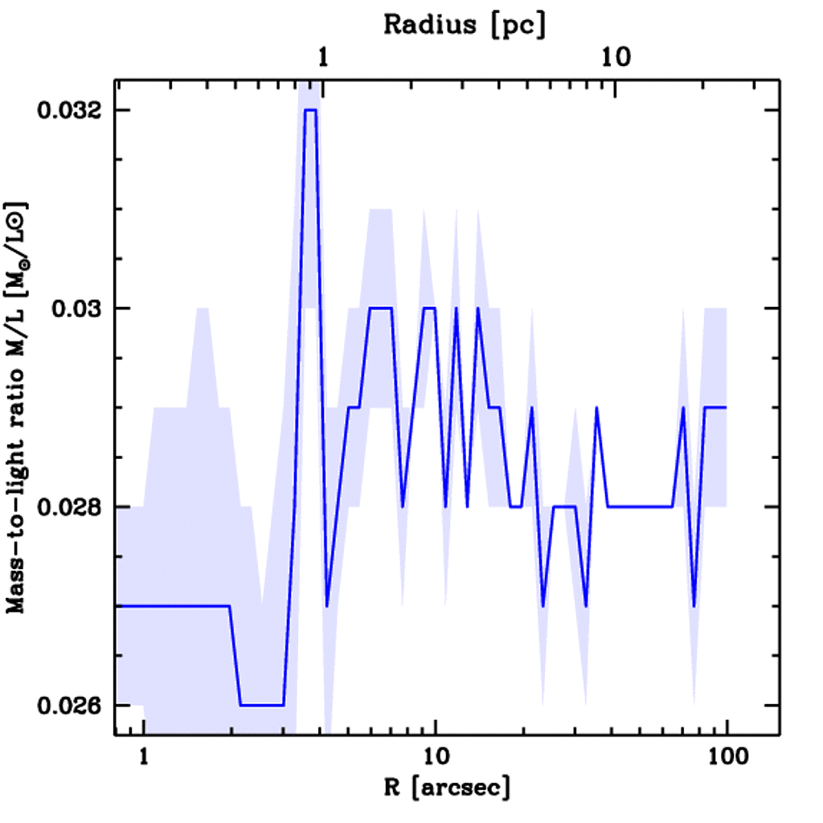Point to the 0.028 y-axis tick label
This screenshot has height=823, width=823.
point(74,507)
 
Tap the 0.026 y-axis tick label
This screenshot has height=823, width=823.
point(74,705)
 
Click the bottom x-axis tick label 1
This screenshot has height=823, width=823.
point(144,757)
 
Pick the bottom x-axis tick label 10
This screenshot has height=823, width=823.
point(435,757)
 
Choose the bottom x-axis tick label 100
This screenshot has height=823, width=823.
point(727,757)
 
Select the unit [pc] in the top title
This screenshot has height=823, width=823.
point(518,24)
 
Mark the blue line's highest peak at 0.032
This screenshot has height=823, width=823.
point(310,110)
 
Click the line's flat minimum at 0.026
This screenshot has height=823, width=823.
point(262,705)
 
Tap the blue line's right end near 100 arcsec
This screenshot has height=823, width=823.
point(726,407)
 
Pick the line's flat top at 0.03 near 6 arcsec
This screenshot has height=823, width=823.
point(379,309)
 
